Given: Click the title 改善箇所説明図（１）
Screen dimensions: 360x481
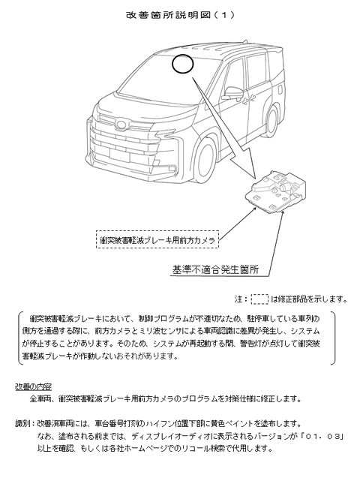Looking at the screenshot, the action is click(x=180, y=15).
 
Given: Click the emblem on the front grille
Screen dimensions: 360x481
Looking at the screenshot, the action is click(x=120, y=125).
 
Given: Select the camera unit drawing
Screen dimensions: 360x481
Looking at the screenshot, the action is click(x=275, y=192).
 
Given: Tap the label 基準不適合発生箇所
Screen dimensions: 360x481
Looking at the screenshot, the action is click(x=215, y=269).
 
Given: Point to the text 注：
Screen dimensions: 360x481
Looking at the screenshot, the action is click(x=241, y=299).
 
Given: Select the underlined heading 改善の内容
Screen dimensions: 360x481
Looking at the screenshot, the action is click(x=34, y=386).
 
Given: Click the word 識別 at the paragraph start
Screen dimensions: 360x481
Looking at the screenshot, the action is click(x=23, y=424).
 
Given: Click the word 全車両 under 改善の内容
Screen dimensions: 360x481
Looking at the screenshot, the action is click(x=40, y=398).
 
